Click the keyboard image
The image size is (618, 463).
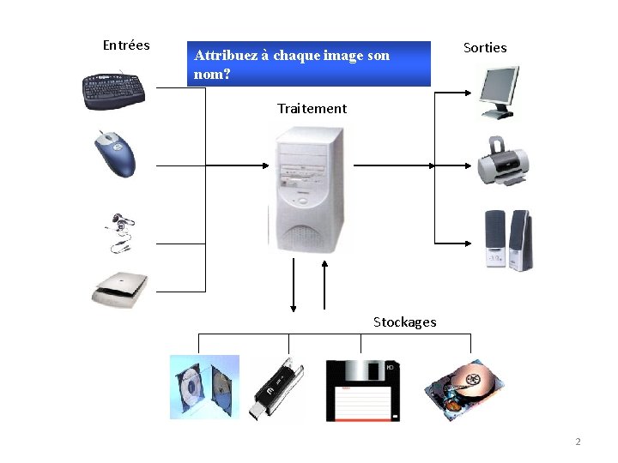[x=113, y=91]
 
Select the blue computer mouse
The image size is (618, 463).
[x=115, y=154]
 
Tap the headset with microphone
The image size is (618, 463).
[x=120, y=232]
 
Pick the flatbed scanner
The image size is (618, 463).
[x=119, y=290]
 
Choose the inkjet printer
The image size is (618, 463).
[x=503, y=161]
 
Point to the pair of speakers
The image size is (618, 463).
[x=508, y=241]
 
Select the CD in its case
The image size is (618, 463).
[x=204, y=387]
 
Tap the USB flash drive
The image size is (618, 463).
[x=276, y=388]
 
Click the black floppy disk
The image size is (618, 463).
[x=363, y=391]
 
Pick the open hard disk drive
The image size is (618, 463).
[x=463, y=389]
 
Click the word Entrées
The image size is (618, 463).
[x=126, y=45]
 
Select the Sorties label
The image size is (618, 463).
[x=485, y=48]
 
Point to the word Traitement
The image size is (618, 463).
[x=312, y=108]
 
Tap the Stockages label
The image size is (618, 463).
[x=405, y=322]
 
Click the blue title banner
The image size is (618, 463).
[x=309, y=63]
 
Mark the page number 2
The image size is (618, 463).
[x=578, y=442]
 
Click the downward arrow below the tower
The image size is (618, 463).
[x=294, y=285]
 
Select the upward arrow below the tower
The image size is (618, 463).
[x=324, y=285]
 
